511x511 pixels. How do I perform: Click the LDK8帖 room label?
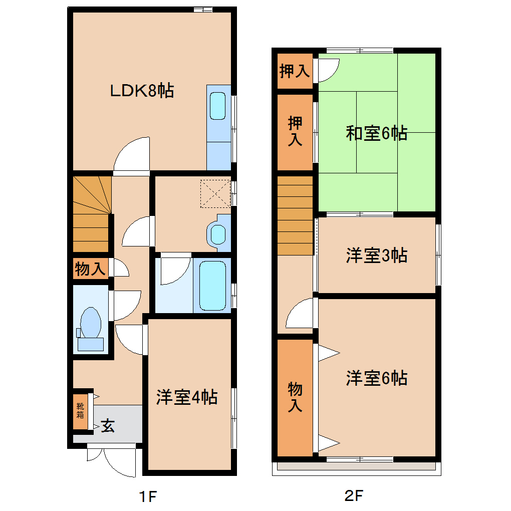142,91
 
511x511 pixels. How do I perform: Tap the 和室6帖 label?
376,133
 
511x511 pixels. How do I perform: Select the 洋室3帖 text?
376,255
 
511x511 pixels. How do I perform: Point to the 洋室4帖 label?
186,397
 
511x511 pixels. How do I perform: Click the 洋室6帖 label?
376,378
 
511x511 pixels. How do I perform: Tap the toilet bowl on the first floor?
91,323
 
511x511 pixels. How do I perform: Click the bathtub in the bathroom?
212,285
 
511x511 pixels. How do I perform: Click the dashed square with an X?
215,193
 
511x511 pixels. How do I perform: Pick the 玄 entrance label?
108,426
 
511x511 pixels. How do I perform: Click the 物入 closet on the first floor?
90,270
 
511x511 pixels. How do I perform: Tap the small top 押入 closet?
295,71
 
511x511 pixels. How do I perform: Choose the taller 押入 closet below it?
295,131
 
